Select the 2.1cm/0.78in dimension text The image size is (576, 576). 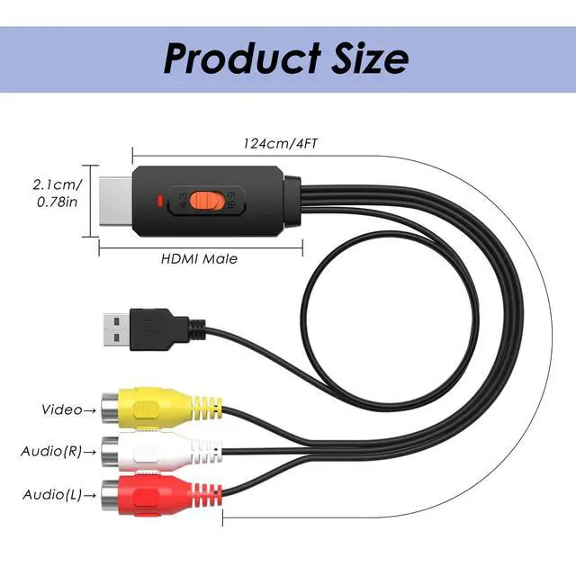click(x=57, y=193)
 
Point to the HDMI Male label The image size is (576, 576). click(x=199, y=259)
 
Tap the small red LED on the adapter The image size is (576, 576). click(x=159, y=200)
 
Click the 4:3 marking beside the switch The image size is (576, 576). click(x=184, y=200)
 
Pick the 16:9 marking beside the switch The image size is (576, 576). click(x=231, y=200)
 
